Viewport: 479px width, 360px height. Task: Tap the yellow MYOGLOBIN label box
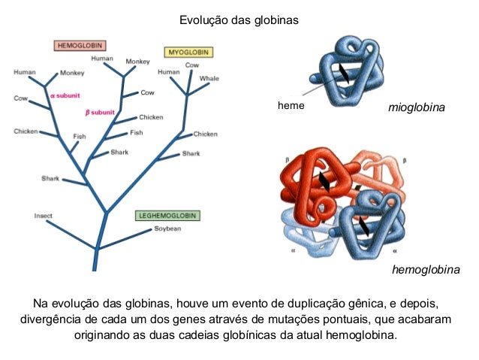click(188, 52)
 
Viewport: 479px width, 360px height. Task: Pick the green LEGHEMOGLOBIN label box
click(167, 215)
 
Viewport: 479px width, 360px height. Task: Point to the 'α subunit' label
click(65, 96)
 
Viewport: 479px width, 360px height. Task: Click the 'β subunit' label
click(100, 112)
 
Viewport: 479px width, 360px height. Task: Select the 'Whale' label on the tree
click(209, 78)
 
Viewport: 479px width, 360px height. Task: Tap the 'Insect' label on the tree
click(44, 216)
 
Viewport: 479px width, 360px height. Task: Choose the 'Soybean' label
click(167, 228)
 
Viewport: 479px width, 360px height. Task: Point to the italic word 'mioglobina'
click(416, 108)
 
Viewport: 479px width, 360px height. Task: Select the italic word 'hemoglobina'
click(426, 269)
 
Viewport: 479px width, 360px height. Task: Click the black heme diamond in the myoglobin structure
click(343, 74)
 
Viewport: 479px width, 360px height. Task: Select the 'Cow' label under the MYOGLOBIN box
click(192, 65)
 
